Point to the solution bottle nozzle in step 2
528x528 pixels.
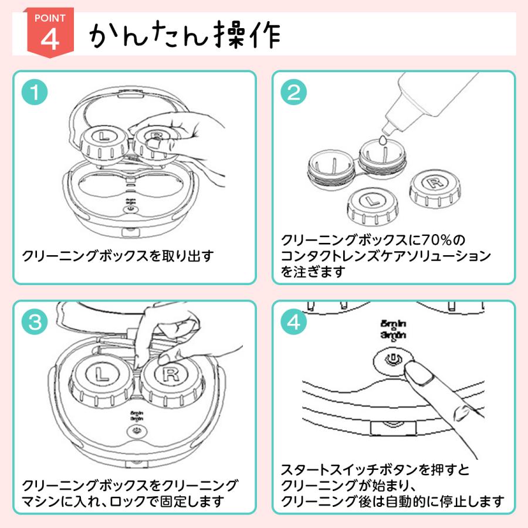(387, 124)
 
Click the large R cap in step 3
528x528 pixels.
(171, 374)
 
